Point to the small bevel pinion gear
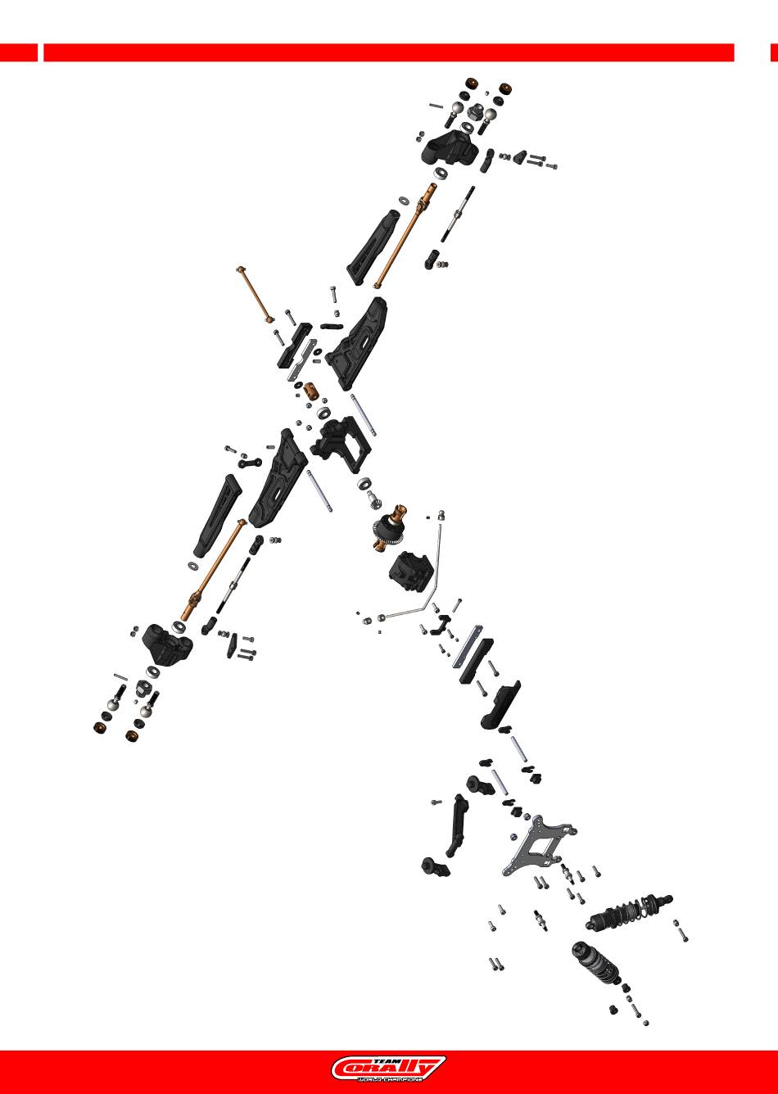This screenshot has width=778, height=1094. pos(375,495)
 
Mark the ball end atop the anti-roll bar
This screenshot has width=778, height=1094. pos(440,515)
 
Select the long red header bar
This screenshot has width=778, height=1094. pos(388,52)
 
